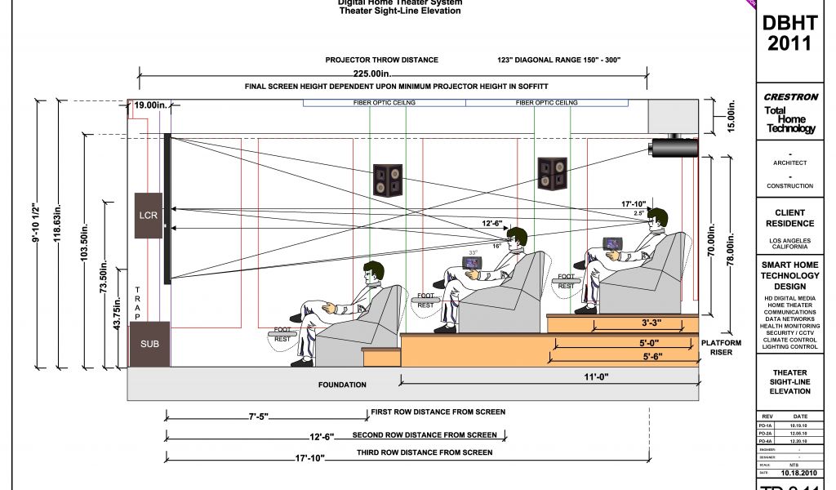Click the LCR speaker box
pyautogui.click(x=148, y=215)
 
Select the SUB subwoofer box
pyautogui.click(x=149, y=344)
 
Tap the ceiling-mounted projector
pyautogui.click(x=673, y=147)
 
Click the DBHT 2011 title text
pyautogui.click(x=789, y=33)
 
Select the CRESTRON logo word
pyautogui.click(x=790, y=97)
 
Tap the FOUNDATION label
pyautogui.click(x=342, y=384)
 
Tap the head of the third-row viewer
pyautogui.click(x=656, y=219)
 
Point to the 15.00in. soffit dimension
pyautogui.click(x=731, y=116)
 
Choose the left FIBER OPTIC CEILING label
pyautogui.click(x=385, y=103)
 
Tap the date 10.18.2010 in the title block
pyautogui.click(x=799, y=473)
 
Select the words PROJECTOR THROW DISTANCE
pyautogui.click(x=381, y=60)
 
